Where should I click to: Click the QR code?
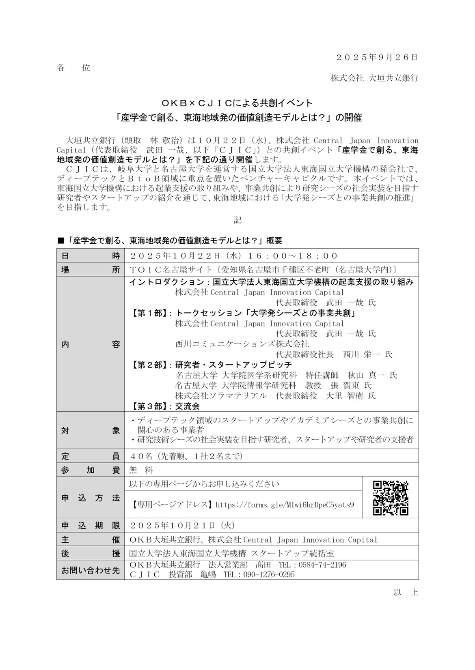point(390,498)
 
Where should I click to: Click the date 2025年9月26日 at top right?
point(377,57)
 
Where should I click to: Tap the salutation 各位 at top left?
point(73,68)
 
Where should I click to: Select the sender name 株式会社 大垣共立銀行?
point(374,78)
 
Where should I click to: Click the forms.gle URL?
point(285,505)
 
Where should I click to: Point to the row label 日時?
point(91,256)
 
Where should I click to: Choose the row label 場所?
point(91,270)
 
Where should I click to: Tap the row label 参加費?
point(91,470)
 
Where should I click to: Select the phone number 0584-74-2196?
point(322,565)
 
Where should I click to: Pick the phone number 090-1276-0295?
point(269,574)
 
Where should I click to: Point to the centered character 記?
point(237,220)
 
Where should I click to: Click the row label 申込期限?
point(91,525)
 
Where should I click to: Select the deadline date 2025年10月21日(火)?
point(182,525)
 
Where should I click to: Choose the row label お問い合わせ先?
point(91,570)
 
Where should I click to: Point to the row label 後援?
point(91,553)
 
